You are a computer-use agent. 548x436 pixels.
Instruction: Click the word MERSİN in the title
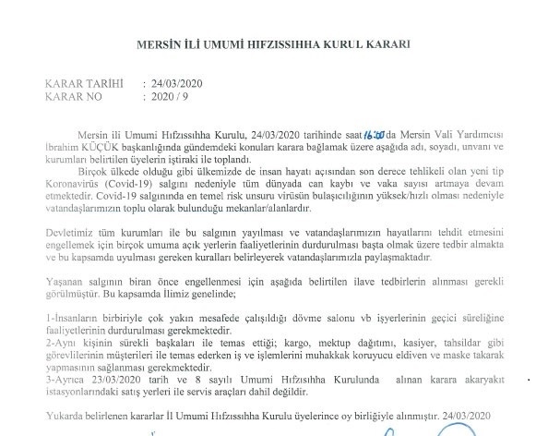tap(155, 43)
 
